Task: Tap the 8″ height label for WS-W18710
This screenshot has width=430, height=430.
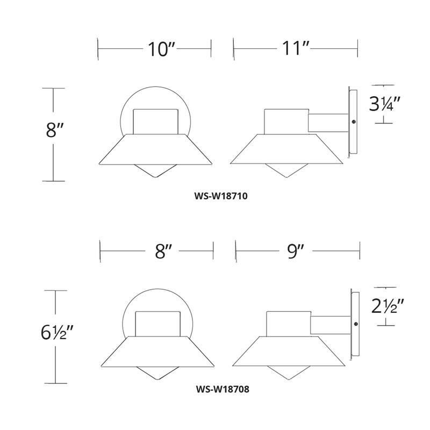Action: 55,131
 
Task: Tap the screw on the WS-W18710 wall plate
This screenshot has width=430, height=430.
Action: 354,122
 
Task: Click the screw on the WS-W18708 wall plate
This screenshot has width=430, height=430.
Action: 356,324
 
